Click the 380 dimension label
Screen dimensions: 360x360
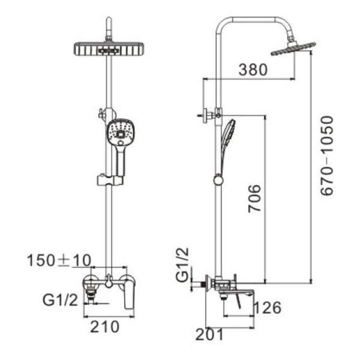click(253, 70)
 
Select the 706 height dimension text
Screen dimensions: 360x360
click(255, 198)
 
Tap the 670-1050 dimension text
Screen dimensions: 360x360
click(327, 156)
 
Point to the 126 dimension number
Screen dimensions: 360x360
click(268, 308)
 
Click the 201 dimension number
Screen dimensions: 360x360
click(209, 334)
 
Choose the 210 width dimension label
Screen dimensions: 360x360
click(104, 326)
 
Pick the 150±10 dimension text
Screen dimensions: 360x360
click(59, 260)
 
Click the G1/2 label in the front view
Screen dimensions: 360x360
click(60, 299)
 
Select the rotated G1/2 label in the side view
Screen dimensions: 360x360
click(182, 265)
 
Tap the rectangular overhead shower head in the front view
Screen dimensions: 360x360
click(109, 49)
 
